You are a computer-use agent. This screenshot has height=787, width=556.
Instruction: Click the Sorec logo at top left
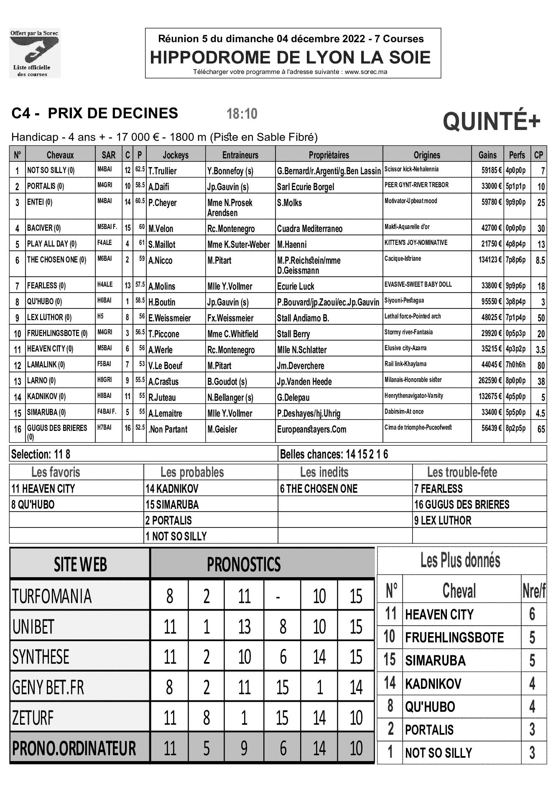[35, 53]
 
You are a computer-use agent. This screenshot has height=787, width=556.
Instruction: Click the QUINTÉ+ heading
[491, 122]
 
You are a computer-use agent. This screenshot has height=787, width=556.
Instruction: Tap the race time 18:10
[242, 114]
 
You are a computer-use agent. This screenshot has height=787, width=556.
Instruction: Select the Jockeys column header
[176, 155]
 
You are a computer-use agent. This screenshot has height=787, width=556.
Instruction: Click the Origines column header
[427, 155]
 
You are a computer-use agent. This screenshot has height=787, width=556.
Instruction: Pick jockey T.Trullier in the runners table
[163, 171]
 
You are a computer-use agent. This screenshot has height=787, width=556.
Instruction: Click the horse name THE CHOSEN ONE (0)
[56, 260]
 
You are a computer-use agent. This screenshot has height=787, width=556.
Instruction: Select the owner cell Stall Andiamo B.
[303, 318]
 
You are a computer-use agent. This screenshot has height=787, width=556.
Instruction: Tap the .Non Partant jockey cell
[168, 429]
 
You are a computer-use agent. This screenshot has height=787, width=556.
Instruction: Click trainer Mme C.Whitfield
[232, 334]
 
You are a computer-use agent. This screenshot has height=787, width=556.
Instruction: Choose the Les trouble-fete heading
[462, 472]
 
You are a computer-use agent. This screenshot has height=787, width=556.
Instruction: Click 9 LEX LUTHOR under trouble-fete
[443, 521]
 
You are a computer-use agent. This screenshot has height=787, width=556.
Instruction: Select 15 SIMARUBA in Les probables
[172, 505]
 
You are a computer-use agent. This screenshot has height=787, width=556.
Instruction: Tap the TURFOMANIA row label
[52, 596]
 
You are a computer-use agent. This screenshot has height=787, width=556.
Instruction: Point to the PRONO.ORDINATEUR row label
[74, 748]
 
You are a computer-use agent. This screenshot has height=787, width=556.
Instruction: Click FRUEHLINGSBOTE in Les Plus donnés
[454, 637]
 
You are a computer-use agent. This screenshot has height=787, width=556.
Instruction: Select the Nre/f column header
[534, 591]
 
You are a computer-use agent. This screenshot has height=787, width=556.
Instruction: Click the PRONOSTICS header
[244, 565]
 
